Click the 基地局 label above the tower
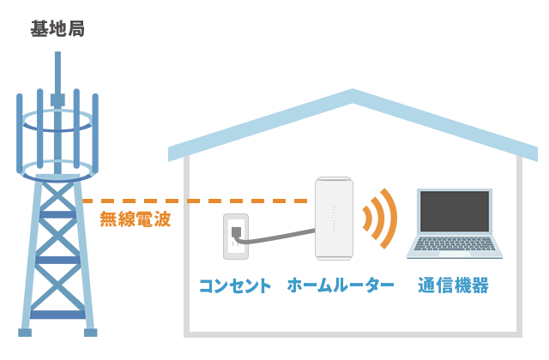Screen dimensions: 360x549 coord(57,30)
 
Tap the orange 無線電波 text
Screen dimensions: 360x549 coord(135,219)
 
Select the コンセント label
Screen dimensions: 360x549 coord(235,285)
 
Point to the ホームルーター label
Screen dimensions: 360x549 coord(341,285)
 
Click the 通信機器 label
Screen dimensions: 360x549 coord(454,285)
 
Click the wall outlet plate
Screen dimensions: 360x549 coord(235,237)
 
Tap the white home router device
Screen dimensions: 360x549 coord(334,218)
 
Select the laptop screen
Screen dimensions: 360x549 coord(455,211)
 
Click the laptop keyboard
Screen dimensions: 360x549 coord(455,244)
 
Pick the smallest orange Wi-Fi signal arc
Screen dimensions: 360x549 coord(367,218)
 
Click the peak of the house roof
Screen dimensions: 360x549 coord(353,94)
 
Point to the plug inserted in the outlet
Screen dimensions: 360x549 coord(237,232)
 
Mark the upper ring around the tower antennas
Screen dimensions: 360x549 coord(57,121)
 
